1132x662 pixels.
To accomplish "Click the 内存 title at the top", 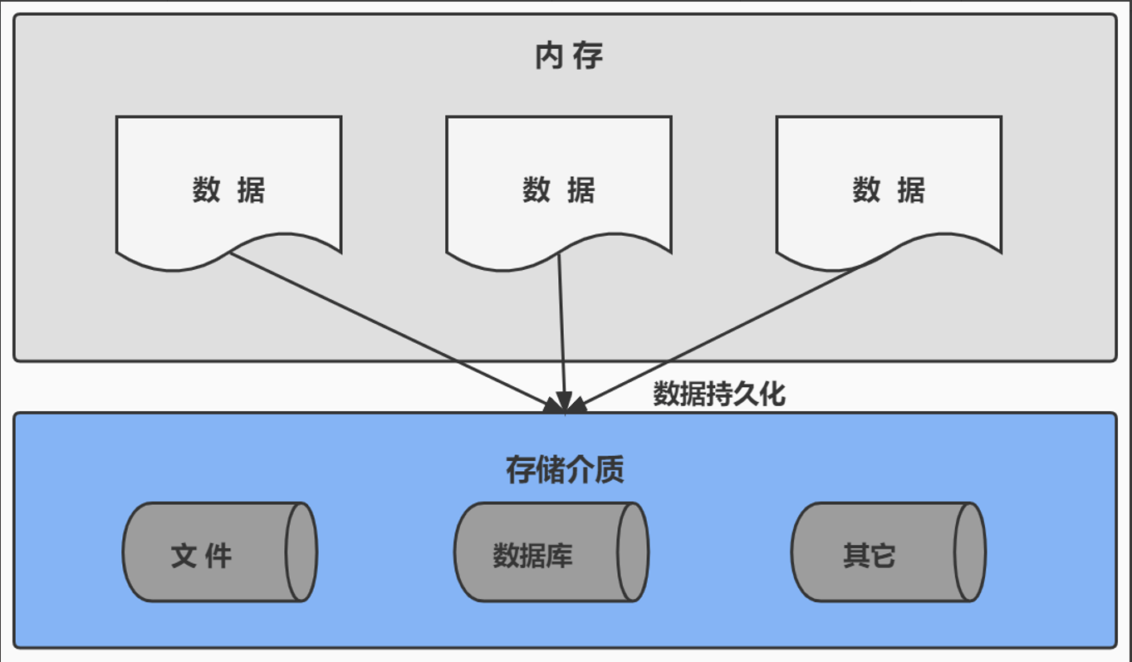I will click(569, 56).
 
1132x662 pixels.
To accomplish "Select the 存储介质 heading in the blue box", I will click(565, 470).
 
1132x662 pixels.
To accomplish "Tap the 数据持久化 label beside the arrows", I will click(719, 394).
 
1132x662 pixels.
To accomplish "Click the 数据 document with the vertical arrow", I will click(558, 191).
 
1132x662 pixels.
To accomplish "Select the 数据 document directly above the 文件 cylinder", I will click(228, 191).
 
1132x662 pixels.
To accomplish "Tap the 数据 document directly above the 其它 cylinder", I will click(888, 191).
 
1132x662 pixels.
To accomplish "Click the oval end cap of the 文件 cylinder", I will click(301, 552).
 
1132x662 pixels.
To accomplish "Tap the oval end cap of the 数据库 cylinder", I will click(632, 552).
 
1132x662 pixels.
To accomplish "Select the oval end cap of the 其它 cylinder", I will click(969, 552).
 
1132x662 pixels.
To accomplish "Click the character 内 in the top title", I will click(549, 56).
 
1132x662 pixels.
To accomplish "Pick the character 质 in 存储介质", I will click(610, 470).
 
